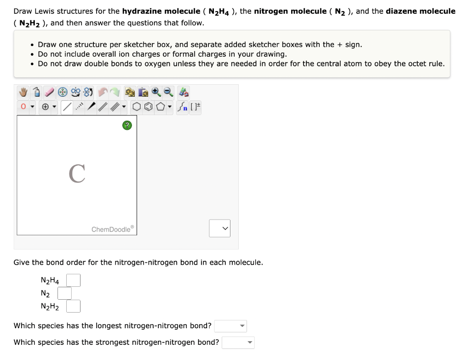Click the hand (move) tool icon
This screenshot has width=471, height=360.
tap(23, 93)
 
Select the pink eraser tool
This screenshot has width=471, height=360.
tap(49, 93)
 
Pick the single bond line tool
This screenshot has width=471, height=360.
tap(67, 108)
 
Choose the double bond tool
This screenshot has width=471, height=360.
tap(103, 108)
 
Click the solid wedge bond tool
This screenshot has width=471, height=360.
tap(92, 108)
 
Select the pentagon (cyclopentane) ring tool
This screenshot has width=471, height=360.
tap(160, 108)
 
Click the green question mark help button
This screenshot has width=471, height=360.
tap(127, 125)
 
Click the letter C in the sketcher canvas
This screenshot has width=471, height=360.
tap(77, 174)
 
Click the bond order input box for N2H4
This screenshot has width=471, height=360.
tap(73, 280)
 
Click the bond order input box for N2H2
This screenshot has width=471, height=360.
tap(73, 306)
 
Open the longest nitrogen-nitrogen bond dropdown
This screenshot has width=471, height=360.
tap(230, 326)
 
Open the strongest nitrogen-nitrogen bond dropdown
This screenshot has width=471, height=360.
tap(238, 343)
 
